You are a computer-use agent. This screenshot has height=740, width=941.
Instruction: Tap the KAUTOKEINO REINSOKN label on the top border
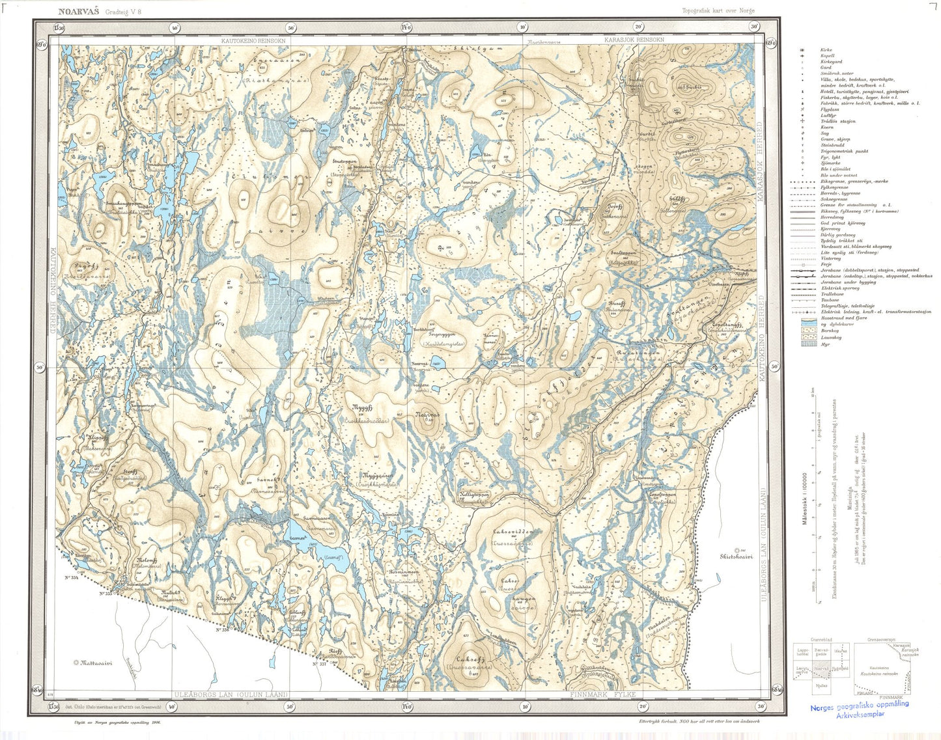pyautogui.click(x=253, y=40)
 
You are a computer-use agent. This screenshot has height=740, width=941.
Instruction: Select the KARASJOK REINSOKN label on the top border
pyautogui.click(x=634, y=40)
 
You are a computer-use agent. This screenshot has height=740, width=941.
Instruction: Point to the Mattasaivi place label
pyautogui.click(x=96, y=663)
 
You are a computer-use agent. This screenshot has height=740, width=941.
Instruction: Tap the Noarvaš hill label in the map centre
pyautogui.click(x=427, y=415)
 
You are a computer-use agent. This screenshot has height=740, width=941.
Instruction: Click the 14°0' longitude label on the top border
pyautogui.click(x=406, y=27)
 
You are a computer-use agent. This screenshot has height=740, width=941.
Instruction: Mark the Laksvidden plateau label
pyautogui.click(x=513, y=532)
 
